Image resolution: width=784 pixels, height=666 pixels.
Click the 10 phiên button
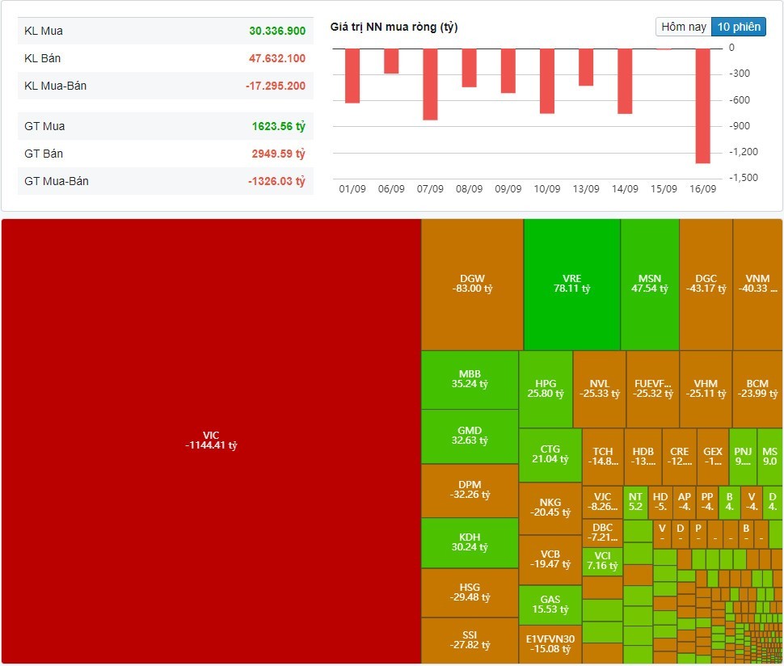click(739, 27)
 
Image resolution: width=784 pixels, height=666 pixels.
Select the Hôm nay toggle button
click(684, 27)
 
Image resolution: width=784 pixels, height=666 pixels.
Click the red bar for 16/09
click(702, 105)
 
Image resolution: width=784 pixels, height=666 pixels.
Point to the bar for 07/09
click(430, 84)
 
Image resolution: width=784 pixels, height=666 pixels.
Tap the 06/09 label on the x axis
click(391, 189)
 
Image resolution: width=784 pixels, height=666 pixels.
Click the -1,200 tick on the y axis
click(744, 152)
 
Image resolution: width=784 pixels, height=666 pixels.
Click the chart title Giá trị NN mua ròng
click(394, 27)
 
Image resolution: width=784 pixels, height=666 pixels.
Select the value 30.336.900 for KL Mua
click(276, 31)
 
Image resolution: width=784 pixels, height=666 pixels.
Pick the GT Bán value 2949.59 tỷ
click(276, 154)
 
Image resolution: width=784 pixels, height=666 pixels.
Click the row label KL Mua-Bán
click(56, 86)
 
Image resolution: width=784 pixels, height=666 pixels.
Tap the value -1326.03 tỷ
click(276, 181)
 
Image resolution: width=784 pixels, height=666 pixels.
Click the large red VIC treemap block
click(211, 440)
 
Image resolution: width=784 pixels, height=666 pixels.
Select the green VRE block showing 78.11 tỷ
click(571, 284)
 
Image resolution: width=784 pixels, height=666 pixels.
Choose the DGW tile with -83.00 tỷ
click(472, 284)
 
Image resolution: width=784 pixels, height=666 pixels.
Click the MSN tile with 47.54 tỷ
click(649, 284)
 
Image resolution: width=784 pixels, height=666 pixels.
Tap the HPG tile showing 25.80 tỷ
click(546, 390)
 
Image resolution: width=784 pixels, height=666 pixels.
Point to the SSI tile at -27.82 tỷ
click(470, 640)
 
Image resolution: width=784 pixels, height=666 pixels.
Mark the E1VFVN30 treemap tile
click(550, 644)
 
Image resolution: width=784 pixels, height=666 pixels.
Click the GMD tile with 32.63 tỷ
click(470, 436)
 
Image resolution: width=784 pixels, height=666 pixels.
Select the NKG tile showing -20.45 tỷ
click(550, 508)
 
